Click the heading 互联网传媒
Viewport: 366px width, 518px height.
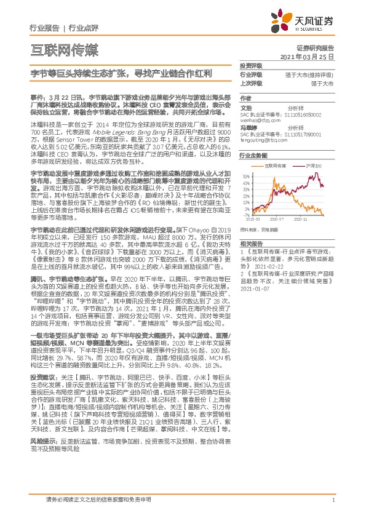click(x=64, y=49)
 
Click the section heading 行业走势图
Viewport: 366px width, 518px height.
click(x=251, y=157)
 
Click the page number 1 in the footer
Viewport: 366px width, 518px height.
click(x=333, y=500)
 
